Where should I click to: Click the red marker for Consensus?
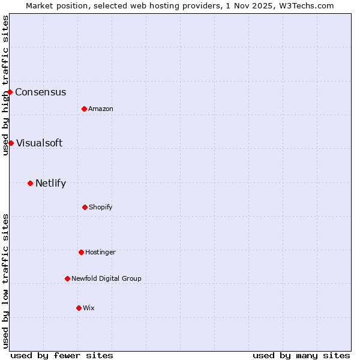point(10,92)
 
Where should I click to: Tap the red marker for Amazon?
point(84,109)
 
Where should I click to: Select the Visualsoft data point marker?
point(11,143)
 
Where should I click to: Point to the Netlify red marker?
point(30,183)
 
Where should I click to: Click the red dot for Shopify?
point(85,207)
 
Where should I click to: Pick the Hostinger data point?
point(81,252)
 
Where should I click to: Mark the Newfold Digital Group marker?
point(67,278)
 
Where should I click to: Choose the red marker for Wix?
point(79,308)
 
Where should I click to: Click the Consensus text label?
point(40,92)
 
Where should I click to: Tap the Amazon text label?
point(101,109)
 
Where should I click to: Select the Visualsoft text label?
point(39,143)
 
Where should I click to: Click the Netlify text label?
point(50,184)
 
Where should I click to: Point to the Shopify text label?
point(101,208)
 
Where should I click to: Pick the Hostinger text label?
point(100,253)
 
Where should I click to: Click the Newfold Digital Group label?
point(106,279)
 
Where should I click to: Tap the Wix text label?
point(89,308)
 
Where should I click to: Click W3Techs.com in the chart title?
point(305,5)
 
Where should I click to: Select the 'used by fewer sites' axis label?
point(62,355)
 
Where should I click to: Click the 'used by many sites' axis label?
point(301,355)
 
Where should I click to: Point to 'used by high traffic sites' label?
point(6,85)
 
